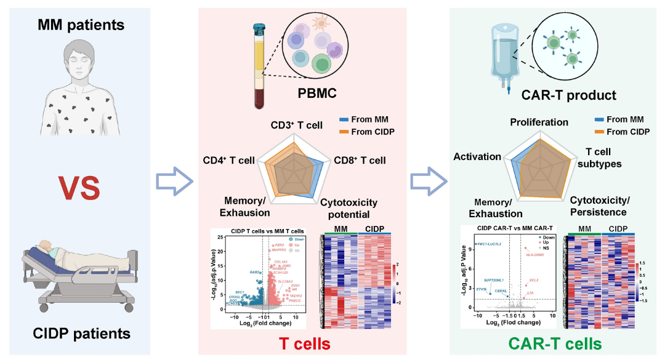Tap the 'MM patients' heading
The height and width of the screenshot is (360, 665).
[81, 25]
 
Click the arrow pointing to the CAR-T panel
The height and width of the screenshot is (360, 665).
[427, 182]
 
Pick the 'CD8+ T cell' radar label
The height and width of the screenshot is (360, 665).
[360, 161]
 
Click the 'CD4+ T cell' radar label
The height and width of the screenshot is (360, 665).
[228, 161]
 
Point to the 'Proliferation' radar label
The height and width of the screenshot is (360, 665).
[539, 122]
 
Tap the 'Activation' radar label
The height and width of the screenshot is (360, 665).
[477, 156]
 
